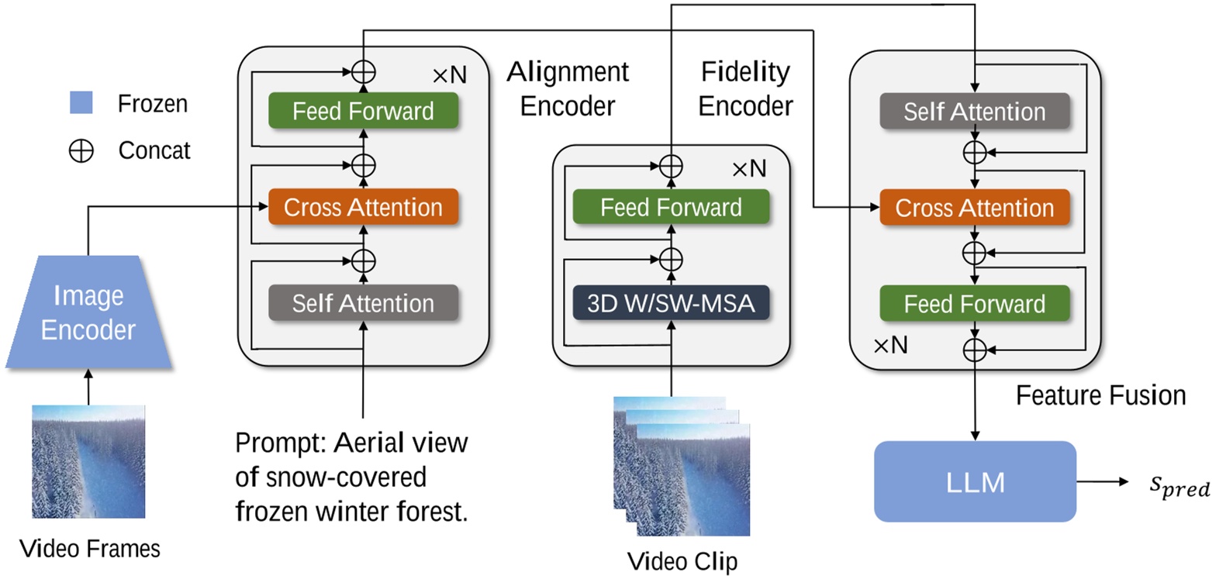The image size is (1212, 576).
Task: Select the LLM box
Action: (x=975, y=481)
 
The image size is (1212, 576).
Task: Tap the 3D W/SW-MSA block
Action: (x=671, y=302)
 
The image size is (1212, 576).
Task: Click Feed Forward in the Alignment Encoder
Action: (x=363, y=111)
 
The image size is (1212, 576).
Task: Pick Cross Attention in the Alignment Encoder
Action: (x=363, y=208)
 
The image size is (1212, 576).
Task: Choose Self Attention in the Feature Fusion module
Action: (x=974, y=112)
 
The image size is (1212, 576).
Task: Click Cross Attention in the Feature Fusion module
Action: (x=974, y=208)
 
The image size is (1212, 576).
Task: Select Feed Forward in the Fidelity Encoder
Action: (x=671, y=207)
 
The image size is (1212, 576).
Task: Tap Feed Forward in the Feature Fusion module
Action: (x=974, y=303)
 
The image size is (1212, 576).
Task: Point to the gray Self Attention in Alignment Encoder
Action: (x=363, y=303)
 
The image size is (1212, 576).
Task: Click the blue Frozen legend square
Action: (x=81, y=103)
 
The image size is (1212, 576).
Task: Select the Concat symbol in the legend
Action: (x=81, y=150)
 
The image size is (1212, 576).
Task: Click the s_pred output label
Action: (x=1178, y=488)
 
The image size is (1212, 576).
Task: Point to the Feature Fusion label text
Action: (x=1100, y=395)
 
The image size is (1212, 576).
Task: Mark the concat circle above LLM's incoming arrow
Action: (x=974, y=350)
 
